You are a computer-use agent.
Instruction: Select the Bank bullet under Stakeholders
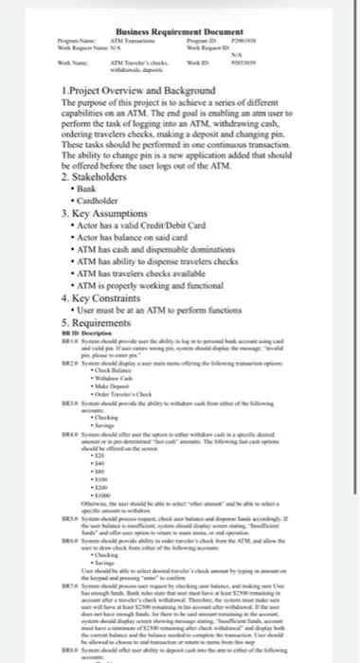96,189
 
